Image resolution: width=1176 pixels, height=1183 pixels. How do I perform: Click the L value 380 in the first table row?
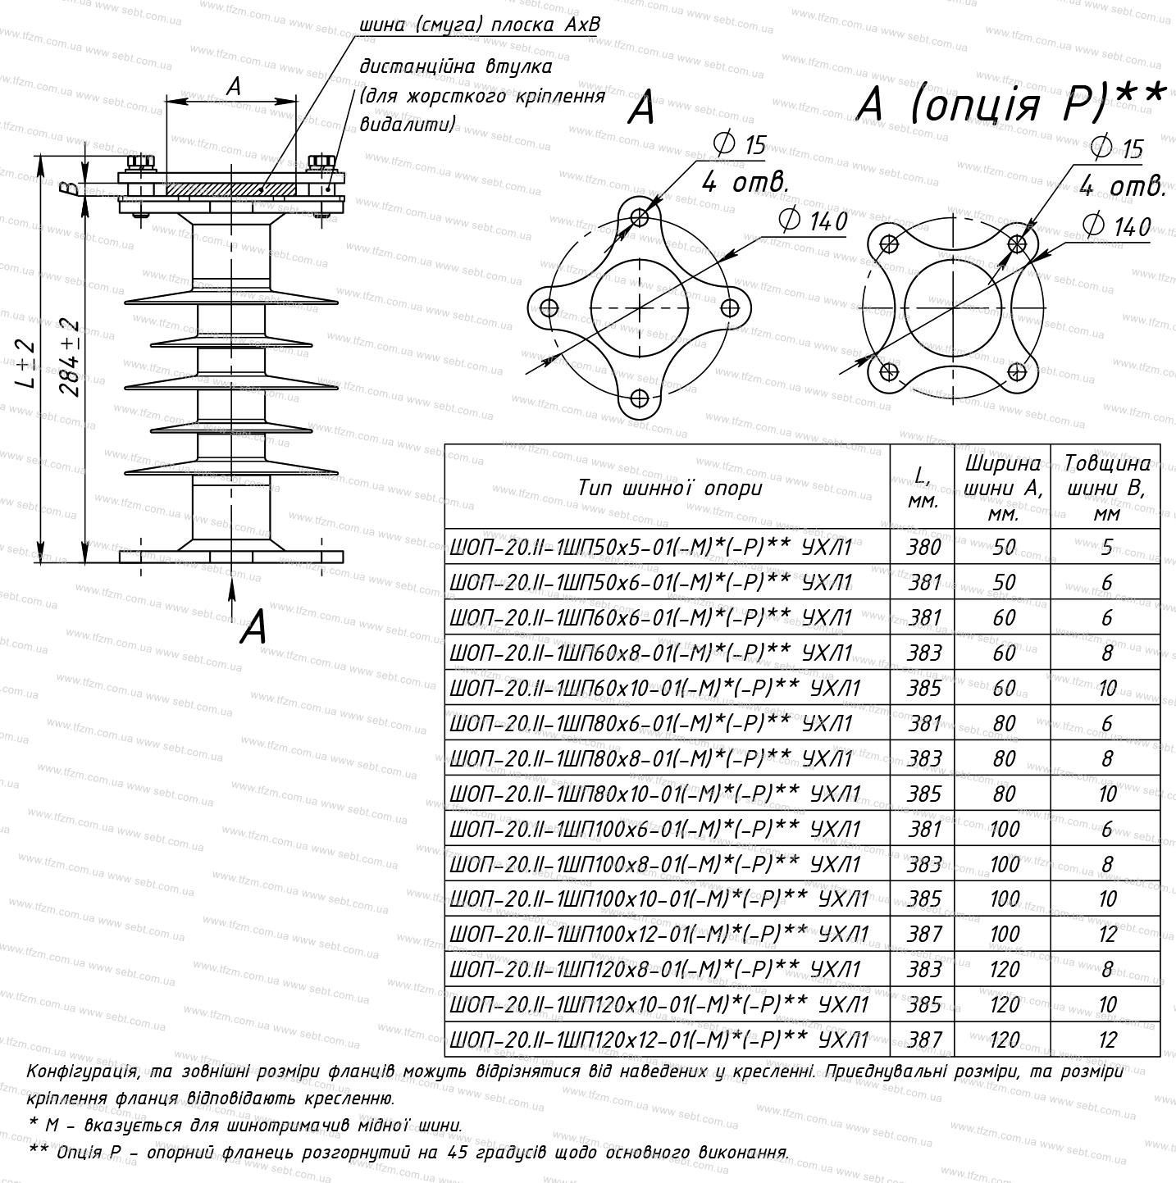(923, 547)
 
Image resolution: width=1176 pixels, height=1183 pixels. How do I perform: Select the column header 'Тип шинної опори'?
(670, 488)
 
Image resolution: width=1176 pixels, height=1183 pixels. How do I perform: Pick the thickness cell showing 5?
(1106, 547)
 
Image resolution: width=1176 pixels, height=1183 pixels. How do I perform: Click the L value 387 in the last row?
(923, 1040)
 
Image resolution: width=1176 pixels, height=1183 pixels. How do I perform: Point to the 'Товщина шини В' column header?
(1106, 488)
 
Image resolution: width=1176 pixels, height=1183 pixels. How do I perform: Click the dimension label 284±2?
(71, 358)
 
